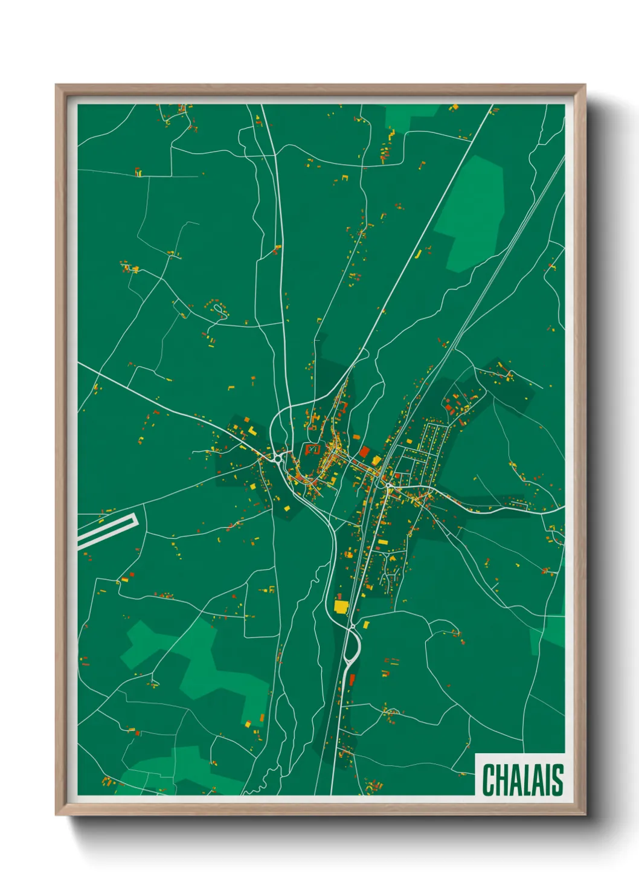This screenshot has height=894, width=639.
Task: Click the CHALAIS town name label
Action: (522, 780)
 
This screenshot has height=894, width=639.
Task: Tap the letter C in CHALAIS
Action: (488, 780)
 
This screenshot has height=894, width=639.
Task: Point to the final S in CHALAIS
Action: (557, 780)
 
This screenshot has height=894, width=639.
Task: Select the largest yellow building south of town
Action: (341, 606)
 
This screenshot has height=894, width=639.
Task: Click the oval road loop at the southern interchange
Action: (352, 648)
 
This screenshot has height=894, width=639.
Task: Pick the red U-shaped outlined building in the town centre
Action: (312, 449)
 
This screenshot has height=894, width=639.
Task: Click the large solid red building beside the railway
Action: (364, 451)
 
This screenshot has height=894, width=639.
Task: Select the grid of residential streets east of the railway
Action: (430, 450)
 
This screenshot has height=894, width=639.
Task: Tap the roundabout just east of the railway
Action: (388, 484)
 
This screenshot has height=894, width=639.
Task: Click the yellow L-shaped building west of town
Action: (252, 430)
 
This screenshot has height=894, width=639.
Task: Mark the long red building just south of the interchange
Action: (352, 680)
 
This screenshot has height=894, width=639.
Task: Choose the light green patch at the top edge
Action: (411, 115)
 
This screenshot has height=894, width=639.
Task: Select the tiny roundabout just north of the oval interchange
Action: (350, 626)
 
